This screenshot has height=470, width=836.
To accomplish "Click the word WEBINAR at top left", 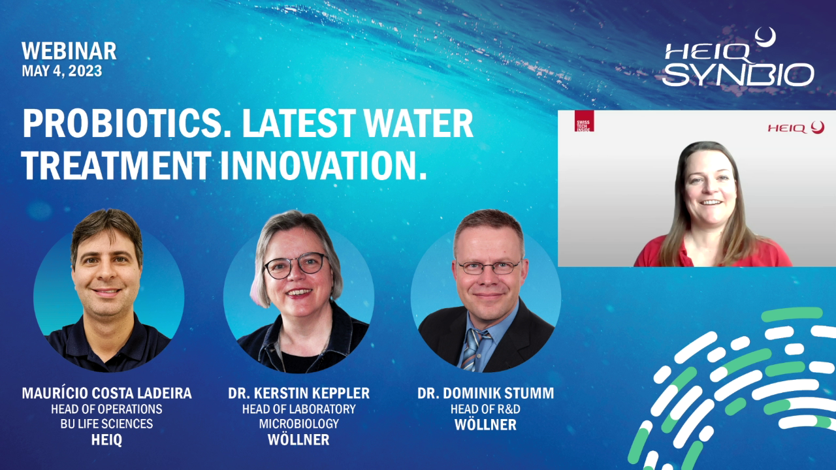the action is tap(69, 51).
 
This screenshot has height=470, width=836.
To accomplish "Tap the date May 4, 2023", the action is tap(62, 71).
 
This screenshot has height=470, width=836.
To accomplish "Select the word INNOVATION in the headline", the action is tap(323, 166).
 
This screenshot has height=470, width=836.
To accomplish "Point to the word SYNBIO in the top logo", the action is tap(738, 74).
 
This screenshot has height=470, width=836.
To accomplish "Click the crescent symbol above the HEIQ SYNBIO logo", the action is tap(765, 38).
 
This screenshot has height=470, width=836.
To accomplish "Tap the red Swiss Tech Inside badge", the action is tap(584, 121).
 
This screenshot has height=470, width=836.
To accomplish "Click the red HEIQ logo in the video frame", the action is tap(796, 128).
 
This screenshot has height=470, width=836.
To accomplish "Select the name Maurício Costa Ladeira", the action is tap(106, 393).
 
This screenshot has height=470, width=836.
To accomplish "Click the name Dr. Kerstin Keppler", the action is tap(298, 393).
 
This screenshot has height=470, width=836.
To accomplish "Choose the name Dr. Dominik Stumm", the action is tap(485, 393).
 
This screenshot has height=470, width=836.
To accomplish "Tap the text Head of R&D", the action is tap(485, 409).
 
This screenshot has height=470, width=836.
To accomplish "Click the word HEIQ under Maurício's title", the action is tap(106, 440).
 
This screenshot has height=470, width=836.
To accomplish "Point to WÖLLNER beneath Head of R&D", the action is tap(485, 424).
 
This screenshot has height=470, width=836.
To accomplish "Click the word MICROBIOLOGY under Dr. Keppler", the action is tap(299, 424).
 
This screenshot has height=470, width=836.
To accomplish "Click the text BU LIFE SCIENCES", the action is tap(106, 424).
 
